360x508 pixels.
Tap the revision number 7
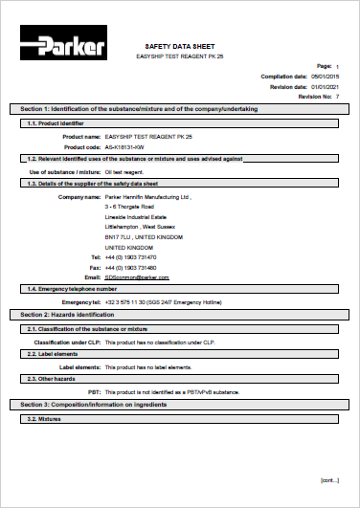pyautogui.click(x=337, y=97)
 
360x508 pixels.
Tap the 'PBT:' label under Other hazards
pyautogui.click(x=93, y=391)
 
